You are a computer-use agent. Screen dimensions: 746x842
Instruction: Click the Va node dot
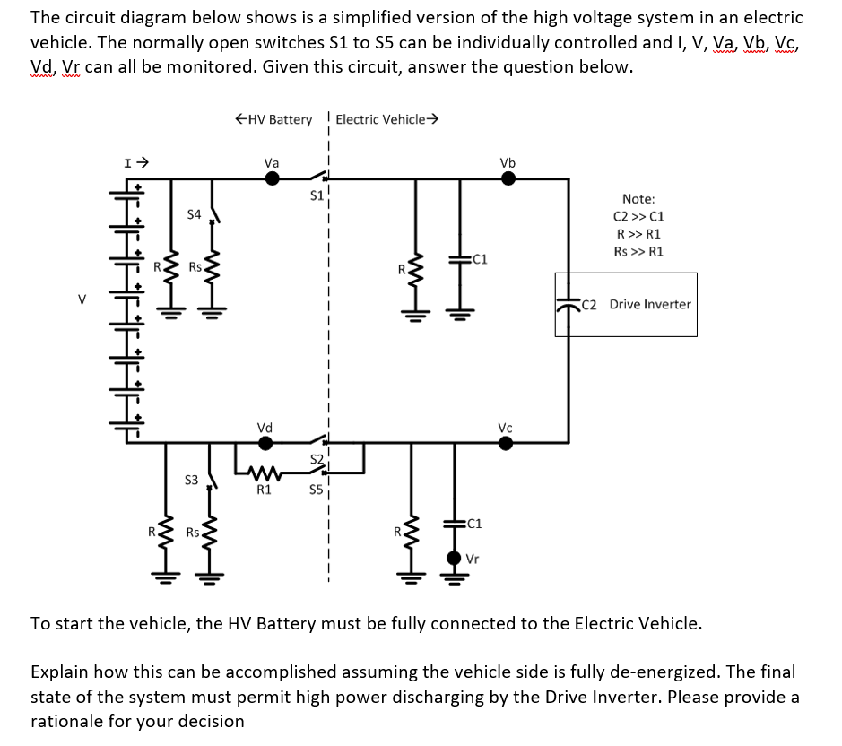click(273, 178)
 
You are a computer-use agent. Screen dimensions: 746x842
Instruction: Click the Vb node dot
click(508, 178)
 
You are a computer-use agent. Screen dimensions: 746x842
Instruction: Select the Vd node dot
click(266, 442)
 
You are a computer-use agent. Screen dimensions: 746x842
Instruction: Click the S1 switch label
click(316, 195)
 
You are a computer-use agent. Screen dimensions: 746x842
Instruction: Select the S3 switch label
click(191, 481)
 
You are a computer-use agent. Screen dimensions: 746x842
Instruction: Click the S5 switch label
click(316, 490)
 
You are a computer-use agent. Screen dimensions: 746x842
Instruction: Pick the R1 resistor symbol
click(264, 472)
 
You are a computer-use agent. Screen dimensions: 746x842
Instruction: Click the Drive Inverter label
click(650, 304)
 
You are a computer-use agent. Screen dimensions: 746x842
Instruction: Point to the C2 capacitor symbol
click(565, 304)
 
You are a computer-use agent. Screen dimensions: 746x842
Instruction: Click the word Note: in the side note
click(638, 199)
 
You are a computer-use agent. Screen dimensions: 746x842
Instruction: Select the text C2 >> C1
click(638, 216)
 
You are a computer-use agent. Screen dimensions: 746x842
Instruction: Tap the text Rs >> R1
click(638, 251)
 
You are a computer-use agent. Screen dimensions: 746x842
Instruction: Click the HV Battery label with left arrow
click(273, 119)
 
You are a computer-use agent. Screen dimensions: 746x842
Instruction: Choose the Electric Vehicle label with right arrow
click(386, 119)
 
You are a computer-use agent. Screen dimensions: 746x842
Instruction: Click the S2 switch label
click(316, 459)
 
